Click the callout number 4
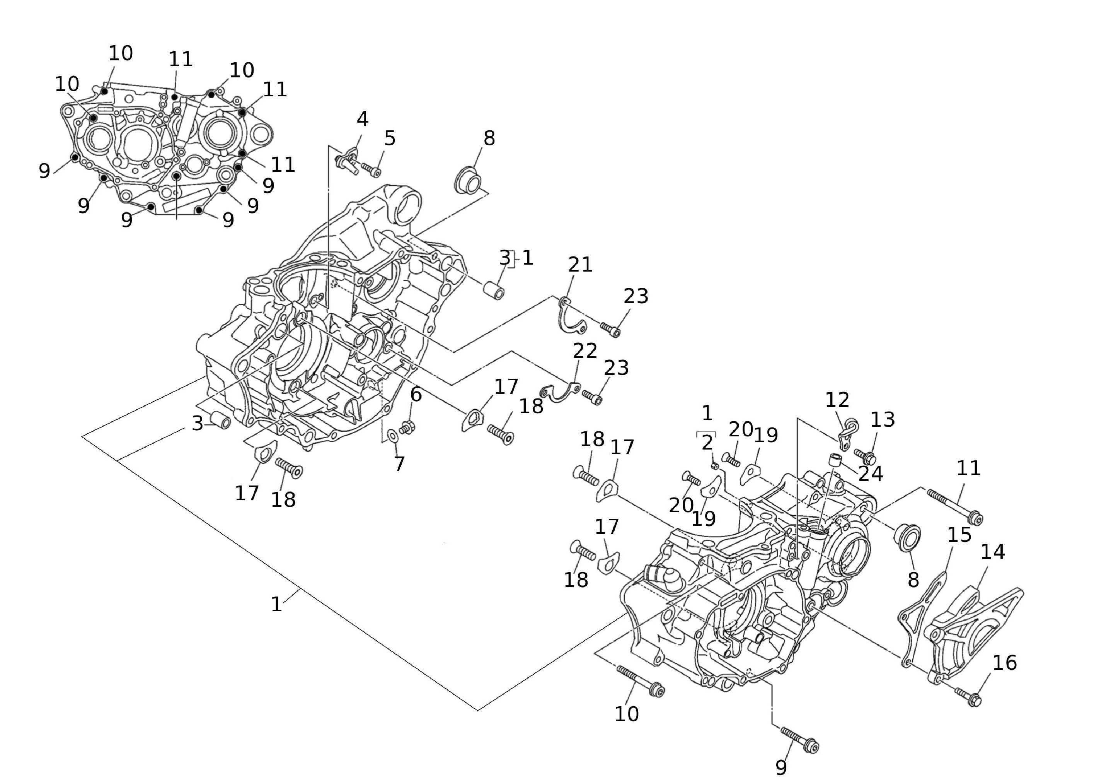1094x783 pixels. (362, 119)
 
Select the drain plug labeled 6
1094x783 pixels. (407, 427)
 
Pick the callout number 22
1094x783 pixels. (585, 350)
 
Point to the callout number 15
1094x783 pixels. (959, 535)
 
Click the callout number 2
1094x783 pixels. (707, 442)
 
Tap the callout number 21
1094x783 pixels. (580, 264)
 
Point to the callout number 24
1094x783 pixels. (871, 474)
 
